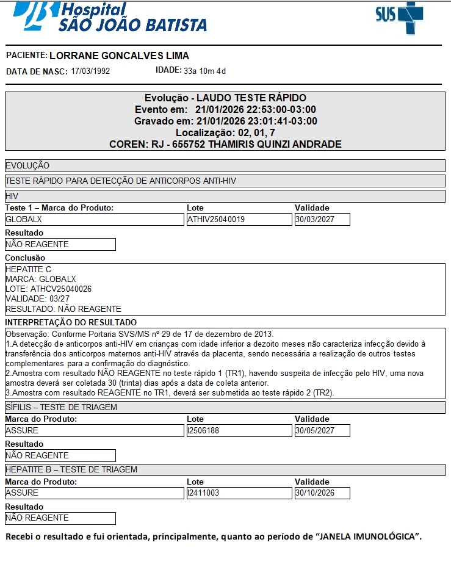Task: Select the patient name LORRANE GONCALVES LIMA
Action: [x=119, y=56]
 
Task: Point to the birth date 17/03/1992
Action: [x=90, y=71]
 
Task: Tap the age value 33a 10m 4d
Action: [x=205, y=71]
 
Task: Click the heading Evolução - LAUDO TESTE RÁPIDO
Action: [x=225, y=98]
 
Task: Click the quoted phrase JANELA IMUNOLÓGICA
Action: [x=368, y=537]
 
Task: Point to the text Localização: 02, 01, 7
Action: [x=225, y=132]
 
